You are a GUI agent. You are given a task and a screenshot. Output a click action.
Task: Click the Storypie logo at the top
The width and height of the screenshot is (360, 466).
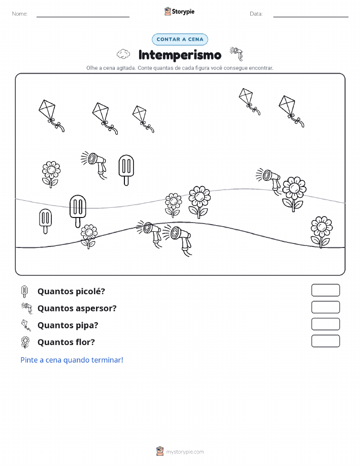(179, 12)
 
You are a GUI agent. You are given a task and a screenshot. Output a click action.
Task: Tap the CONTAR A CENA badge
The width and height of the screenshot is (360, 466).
(180, 39)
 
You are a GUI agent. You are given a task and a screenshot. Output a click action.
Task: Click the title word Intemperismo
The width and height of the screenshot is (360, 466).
(180, 55)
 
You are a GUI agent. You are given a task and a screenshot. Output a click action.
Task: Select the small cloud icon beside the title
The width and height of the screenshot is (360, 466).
(123, 54)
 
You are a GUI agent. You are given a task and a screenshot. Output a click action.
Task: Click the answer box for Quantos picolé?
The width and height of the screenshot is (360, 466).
(325, 290)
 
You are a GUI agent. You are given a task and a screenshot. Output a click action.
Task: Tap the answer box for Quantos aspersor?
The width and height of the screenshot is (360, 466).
(325, 307)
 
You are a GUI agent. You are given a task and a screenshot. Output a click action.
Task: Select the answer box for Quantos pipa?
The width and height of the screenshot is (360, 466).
(325, 324)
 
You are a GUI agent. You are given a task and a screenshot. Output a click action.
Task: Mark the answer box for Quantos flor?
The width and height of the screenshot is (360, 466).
(325, 341)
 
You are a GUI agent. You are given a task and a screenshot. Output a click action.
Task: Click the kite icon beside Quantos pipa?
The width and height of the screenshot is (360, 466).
(26, 325)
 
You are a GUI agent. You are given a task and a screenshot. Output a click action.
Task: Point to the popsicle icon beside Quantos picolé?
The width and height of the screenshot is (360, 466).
(24, 291)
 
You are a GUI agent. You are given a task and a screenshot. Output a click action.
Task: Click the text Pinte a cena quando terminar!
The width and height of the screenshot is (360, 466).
(72, 360)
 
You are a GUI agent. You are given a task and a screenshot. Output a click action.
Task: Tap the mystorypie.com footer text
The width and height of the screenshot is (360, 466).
(185, 452)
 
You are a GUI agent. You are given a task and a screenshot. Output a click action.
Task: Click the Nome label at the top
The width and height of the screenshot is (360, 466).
(20, 14)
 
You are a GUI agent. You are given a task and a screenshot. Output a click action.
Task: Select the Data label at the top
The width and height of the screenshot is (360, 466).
(256, 14)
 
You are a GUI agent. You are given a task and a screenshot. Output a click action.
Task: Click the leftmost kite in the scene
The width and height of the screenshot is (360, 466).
(51, 115)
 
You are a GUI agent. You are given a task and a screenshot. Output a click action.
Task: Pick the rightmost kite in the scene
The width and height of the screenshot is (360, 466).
(291, 111)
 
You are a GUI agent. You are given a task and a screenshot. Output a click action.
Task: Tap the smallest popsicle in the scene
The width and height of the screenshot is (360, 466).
(45, 221)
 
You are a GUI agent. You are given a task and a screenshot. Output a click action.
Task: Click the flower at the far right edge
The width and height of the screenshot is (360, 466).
(321, 232)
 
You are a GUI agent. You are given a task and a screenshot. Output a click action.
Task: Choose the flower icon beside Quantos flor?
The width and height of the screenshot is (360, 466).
(25, 342)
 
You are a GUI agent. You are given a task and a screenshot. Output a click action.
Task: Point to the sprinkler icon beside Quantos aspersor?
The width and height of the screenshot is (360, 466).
(27, 308)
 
